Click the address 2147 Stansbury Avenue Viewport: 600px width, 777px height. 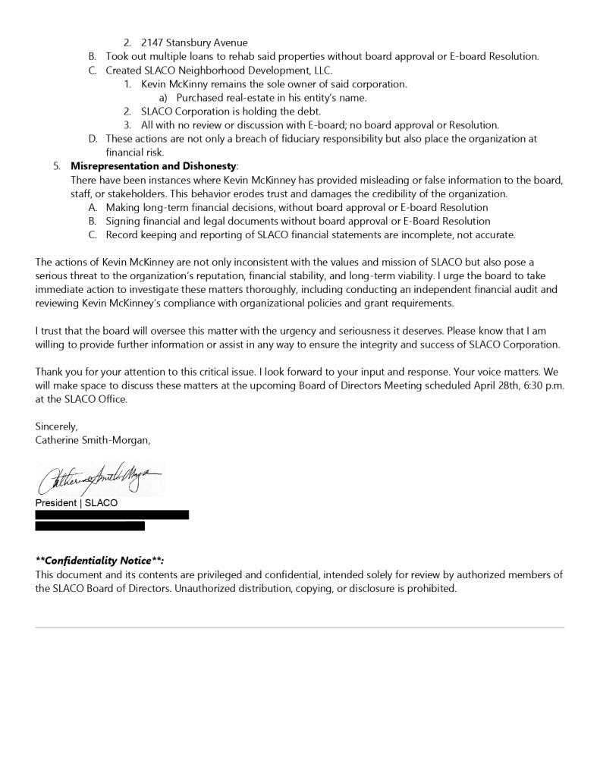[194, 42]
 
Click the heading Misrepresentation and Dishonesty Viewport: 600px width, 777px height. [153, 166]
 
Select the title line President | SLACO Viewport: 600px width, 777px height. [76, 503]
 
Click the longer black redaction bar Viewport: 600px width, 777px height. [112, 514]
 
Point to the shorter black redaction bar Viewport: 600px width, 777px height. [90, 526]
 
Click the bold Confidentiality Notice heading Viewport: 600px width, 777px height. [99, 561]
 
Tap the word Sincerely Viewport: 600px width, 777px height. [56, 426]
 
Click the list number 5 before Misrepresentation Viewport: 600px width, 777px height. [57, 166]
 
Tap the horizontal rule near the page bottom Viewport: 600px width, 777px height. [300, 628]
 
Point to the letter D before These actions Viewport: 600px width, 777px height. [93, 139]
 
